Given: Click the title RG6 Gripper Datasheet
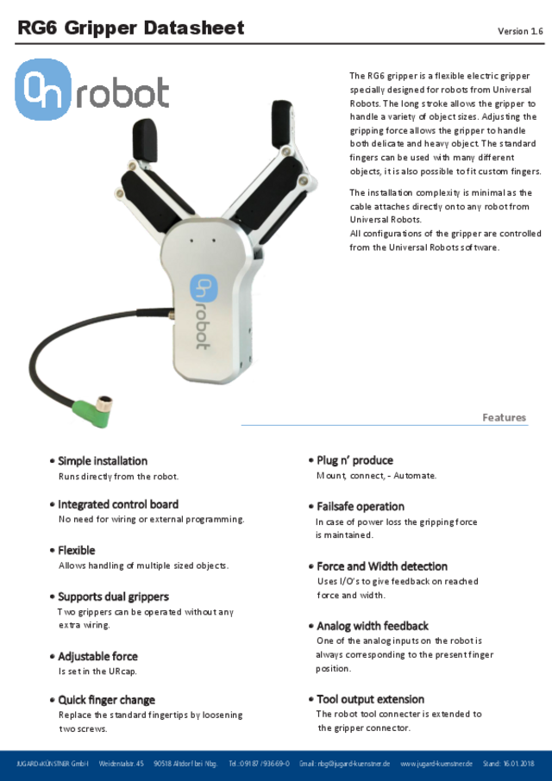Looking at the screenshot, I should tap(131, 28).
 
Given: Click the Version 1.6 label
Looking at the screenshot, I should tap(520, 31).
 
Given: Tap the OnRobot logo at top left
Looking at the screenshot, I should tap(92, 89).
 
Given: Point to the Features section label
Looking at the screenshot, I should tap(504, 417).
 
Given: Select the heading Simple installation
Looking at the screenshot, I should tap(103, 460).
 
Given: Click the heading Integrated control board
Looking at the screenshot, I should tap(118, 504).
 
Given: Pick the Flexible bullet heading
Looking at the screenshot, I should tap(77, 550).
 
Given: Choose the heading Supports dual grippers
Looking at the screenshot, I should tap(113, 597).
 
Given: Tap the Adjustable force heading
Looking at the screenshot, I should tap(97, 656).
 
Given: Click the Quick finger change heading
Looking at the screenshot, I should tap(106, 700).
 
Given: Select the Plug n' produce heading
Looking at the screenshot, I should tap(354, 460).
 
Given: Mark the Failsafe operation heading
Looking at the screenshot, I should tap(360, 506).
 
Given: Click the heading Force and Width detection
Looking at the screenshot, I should tap(382, 566).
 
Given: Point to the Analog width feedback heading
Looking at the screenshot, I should tap(373, 626).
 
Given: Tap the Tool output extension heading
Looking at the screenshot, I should tap(370, 699).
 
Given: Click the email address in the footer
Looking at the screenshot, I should tap(345, 764).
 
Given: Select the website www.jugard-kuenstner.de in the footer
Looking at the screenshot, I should tap(436, 764).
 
